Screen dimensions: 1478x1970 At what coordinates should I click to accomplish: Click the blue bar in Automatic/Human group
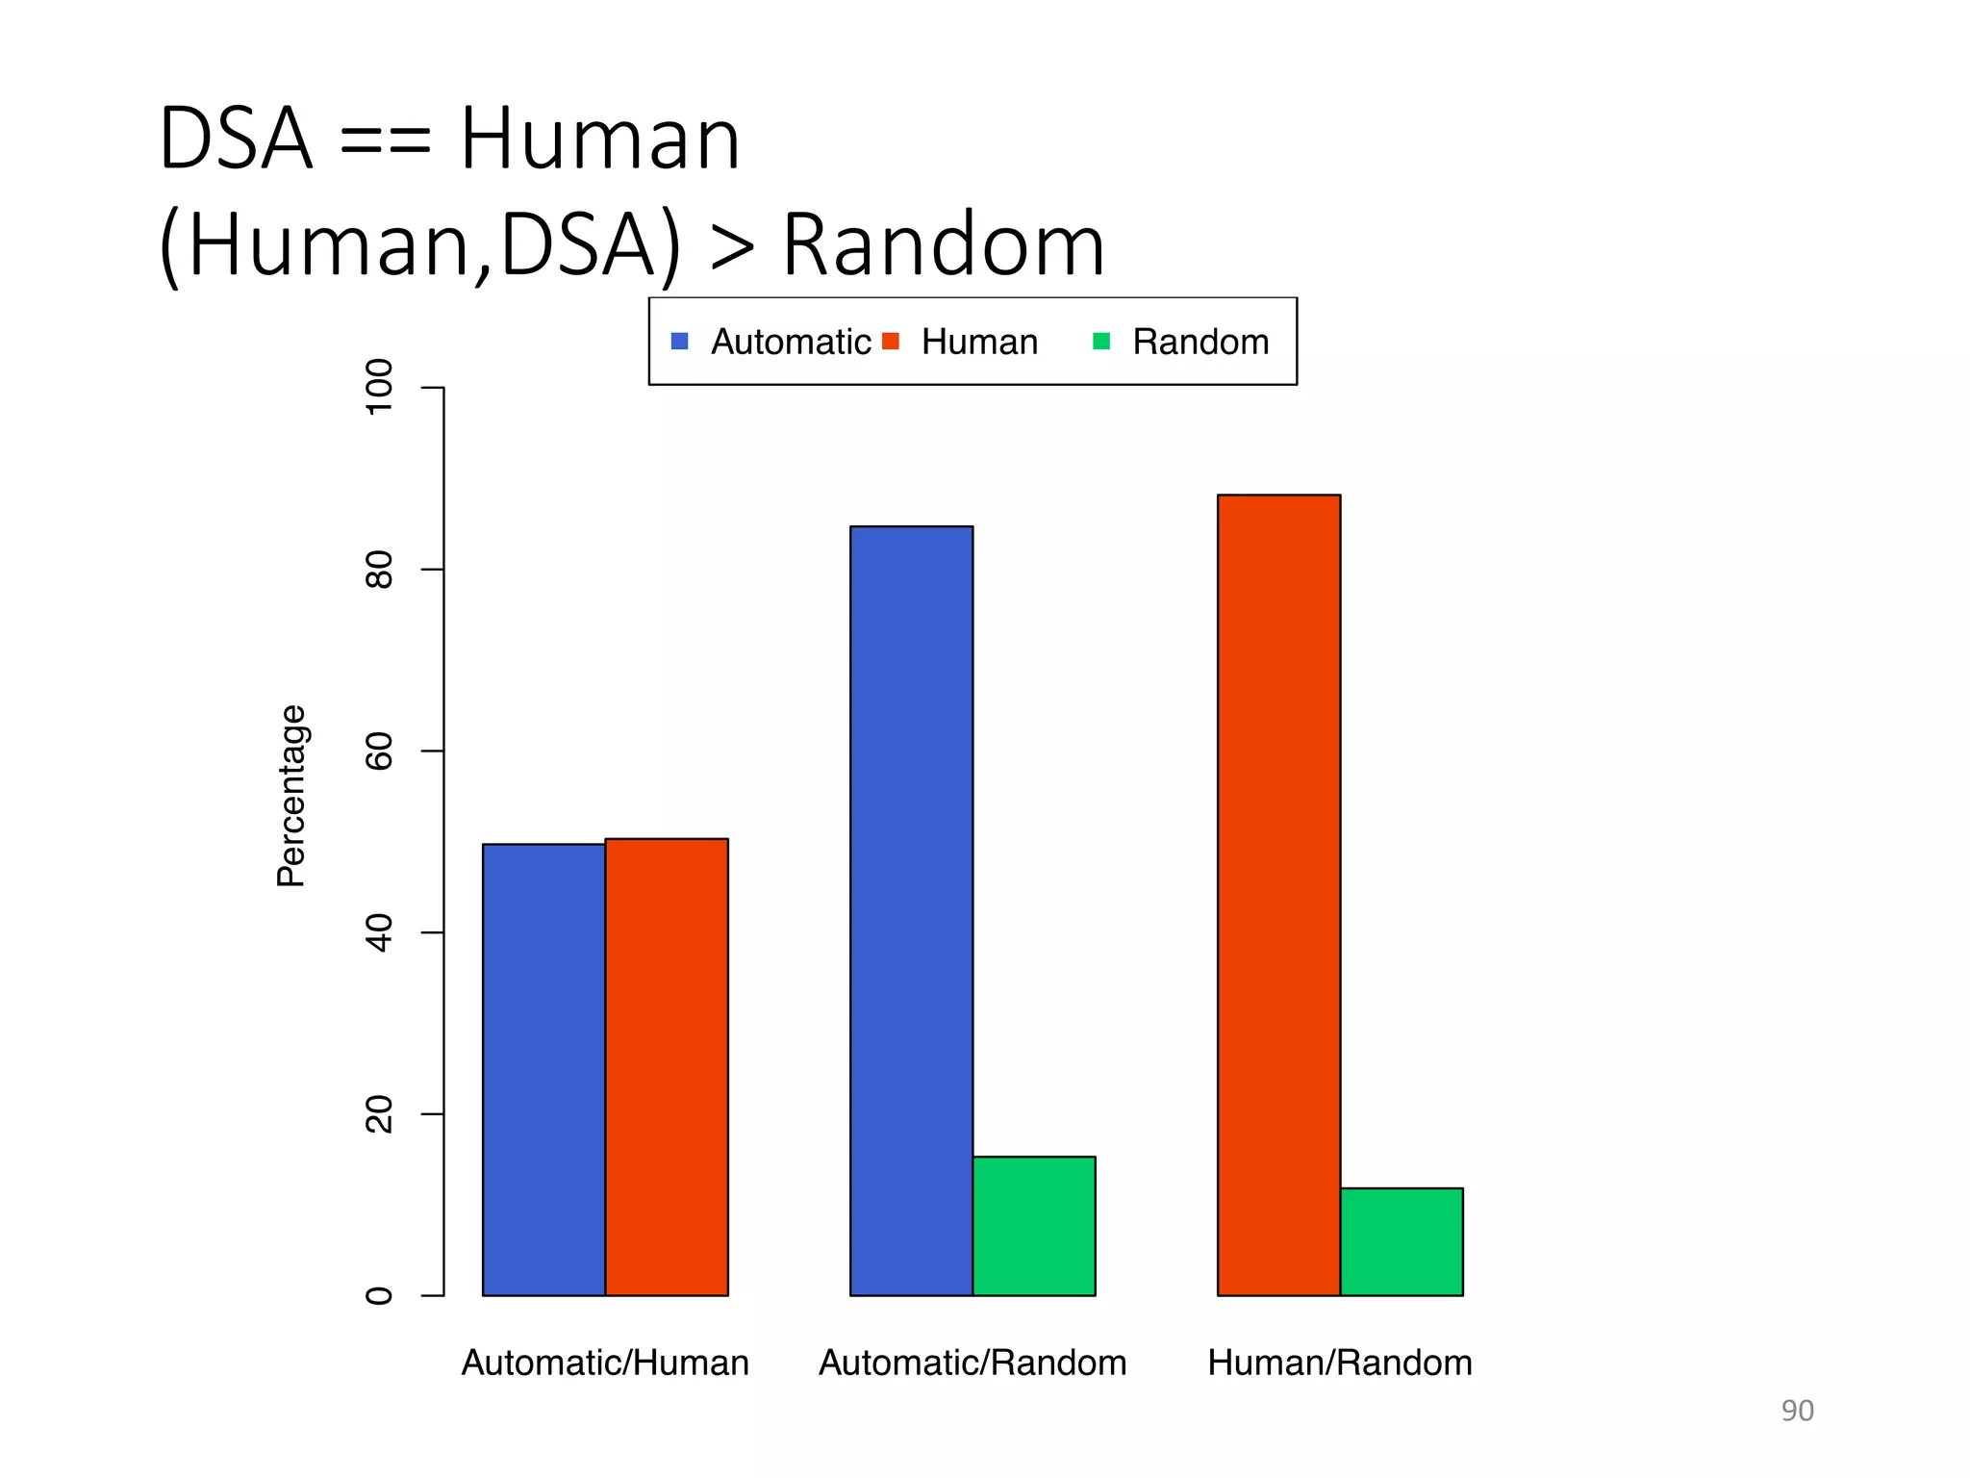(543, 1069)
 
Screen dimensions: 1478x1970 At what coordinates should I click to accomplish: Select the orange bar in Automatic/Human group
(667, 1066)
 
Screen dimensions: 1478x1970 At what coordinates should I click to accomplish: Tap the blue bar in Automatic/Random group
(911, 910)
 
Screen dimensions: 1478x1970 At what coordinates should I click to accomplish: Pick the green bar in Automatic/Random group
(1034, 1226)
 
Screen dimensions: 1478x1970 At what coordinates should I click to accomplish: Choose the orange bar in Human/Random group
(1278, 895)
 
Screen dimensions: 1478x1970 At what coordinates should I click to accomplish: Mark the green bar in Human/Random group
(1402, 1241)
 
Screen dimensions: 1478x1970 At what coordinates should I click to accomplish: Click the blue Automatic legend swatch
(680, 342)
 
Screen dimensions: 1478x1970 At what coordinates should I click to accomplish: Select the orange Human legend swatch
(891, 342)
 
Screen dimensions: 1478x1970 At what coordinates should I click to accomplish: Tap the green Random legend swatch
(1101, 342)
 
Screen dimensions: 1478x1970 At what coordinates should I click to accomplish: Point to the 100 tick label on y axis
(380, 386)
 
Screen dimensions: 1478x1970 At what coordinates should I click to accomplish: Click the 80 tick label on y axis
(380, 570)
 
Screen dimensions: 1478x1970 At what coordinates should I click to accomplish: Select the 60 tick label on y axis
(380, 752)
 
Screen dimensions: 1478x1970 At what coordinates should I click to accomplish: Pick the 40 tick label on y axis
(380, 932)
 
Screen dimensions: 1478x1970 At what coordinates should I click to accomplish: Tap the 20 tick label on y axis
(380, 1114)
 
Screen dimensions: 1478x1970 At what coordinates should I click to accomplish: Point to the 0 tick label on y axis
(380, 1296)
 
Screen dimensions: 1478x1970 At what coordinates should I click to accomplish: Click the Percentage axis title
(290, 796)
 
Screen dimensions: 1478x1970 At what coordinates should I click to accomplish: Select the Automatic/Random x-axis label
(972, 1363)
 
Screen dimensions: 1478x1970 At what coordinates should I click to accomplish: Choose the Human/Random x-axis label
(1340, 1363)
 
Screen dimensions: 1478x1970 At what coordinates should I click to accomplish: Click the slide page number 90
(1797, 1411)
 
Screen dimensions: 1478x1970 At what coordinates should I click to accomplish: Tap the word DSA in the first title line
(237, 140)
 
